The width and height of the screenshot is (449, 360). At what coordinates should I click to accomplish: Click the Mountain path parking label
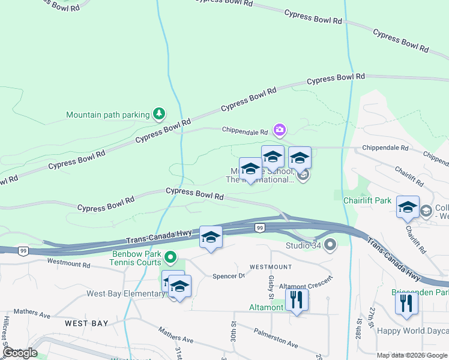point(107,115)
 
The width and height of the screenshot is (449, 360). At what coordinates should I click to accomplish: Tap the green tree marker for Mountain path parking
point(159,113)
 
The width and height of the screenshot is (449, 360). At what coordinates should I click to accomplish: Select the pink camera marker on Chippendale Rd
point(280,130)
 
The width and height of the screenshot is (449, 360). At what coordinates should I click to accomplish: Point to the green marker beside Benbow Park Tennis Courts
point(170,258)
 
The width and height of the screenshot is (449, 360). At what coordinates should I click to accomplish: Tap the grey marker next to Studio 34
point(330,244)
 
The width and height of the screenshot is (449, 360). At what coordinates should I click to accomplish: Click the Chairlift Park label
point(367,200)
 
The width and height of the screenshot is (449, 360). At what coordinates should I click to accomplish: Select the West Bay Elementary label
point(125,293)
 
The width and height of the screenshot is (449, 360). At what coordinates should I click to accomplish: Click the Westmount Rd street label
point(68,263)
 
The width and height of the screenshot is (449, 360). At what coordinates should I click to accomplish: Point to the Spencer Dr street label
point(229,276)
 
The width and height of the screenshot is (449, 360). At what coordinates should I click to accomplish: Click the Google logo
point(20,353)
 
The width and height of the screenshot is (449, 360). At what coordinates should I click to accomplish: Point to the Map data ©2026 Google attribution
point(411,355)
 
